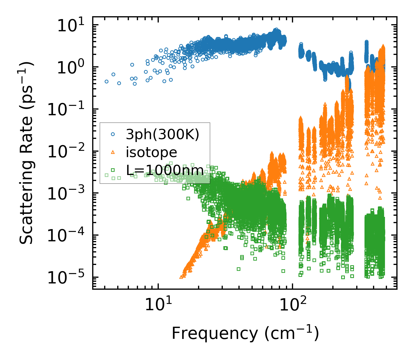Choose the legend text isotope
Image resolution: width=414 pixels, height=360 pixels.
(151, 153)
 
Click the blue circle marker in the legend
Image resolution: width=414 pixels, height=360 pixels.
(113, 134)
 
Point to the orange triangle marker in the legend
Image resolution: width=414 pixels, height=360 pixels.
(113, 152)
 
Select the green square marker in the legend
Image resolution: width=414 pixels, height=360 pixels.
(113, 170)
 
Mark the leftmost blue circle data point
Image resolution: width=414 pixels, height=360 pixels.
(106, 81)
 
